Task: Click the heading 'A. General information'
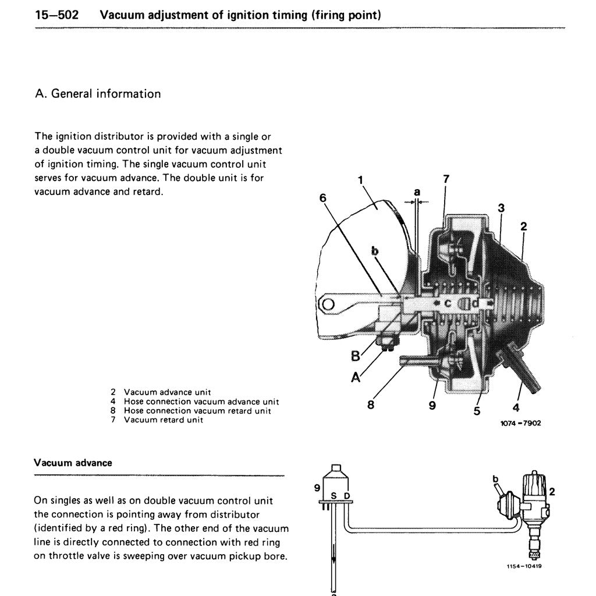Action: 98,94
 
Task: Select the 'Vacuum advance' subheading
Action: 73,463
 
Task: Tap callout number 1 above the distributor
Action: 361,179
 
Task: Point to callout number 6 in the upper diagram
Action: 323,198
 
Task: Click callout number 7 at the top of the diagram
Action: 446,179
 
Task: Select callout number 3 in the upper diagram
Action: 501,208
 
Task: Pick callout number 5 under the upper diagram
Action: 477,411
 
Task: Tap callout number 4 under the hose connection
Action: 516,407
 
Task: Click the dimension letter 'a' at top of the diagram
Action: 417,191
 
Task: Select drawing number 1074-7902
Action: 520,423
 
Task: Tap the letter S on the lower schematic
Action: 334,495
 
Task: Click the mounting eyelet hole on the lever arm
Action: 327,303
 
